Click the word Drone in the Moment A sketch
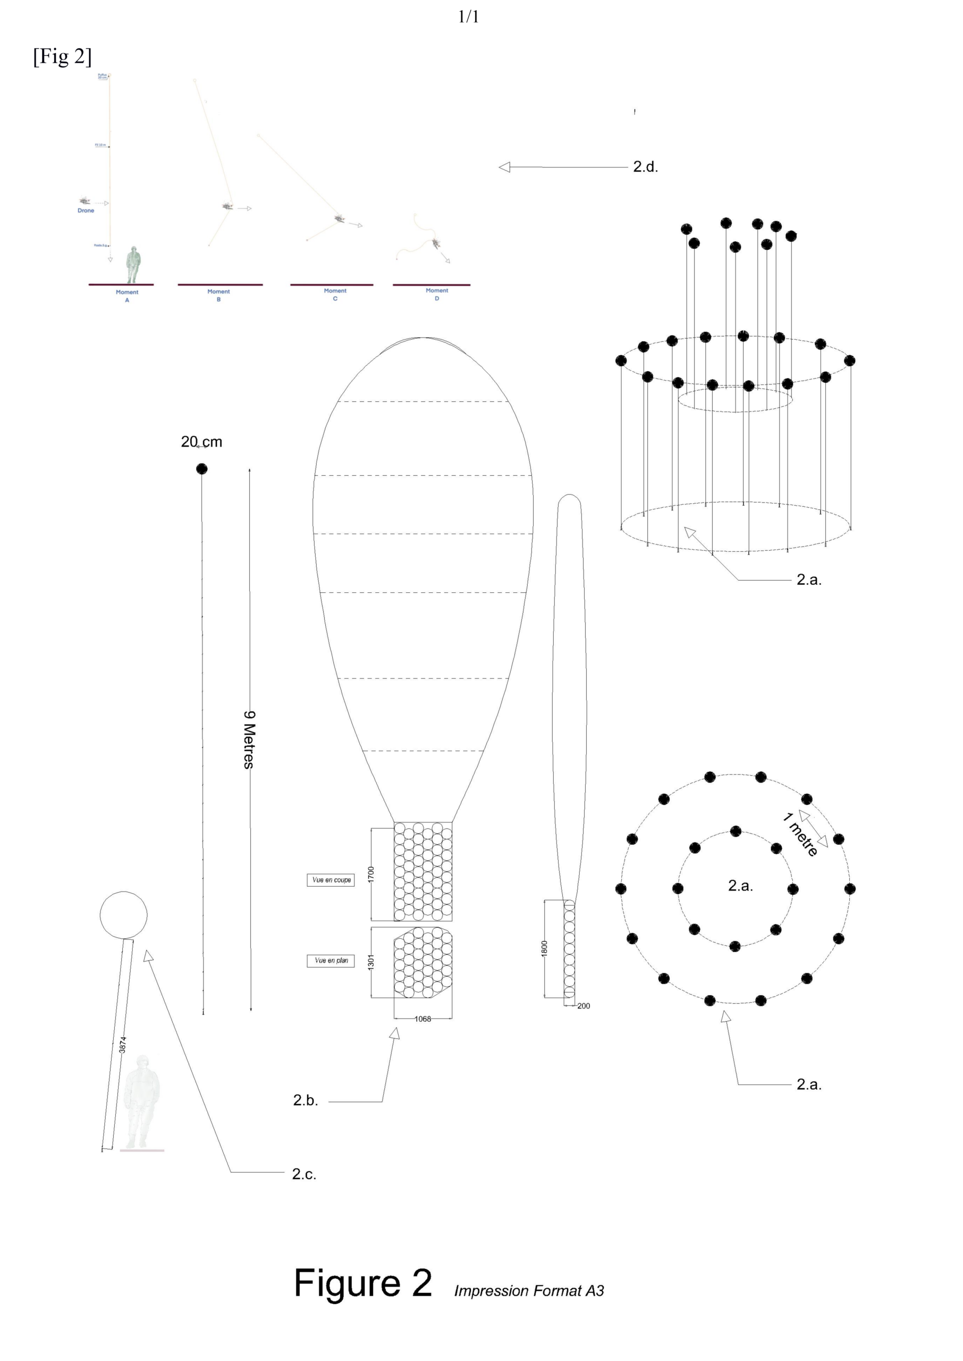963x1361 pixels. tap(86, 211)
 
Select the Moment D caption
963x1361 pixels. tap(437, 294)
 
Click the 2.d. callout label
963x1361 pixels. tap(645, 167)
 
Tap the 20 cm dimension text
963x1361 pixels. tap(201, 442)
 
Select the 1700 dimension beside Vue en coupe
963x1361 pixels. tap(371, 874)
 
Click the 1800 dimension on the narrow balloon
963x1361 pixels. tap(544, 948)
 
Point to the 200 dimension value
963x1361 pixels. tap(584, 1006)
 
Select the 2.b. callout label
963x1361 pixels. tap(306, 1100)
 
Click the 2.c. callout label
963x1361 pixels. tap(304, 1174)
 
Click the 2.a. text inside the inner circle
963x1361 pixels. tap(740, 886)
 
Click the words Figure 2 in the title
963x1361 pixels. tap(363, 1283)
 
